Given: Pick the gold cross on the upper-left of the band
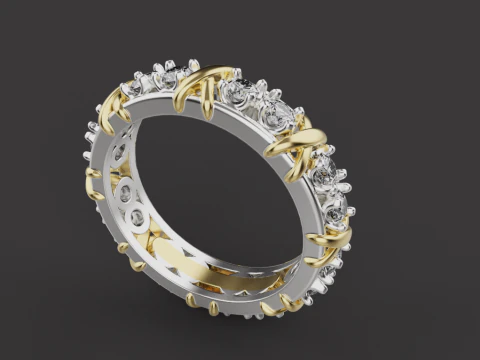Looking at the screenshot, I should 113,104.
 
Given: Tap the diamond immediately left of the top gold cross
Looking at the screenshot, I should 167,78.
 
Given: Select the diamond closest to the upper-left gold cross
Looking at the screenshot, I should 135,91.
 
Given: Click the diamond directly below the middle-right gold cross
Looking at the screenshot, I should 323,176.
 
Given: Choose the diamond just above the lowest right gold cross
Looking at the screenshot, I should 334,209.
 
